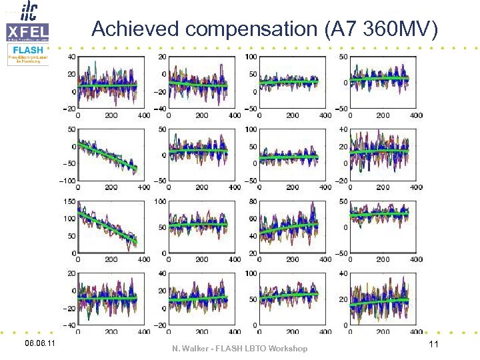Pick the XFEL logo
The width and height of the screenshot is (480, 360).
coord(27,31)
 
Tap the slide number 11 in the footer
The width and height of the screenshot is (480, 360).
coord(433,345)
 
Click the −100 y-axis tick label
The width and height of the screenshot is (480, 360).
coord(65,181)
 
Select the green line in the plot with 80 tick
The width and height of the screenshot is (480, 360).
coord(288,227)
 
